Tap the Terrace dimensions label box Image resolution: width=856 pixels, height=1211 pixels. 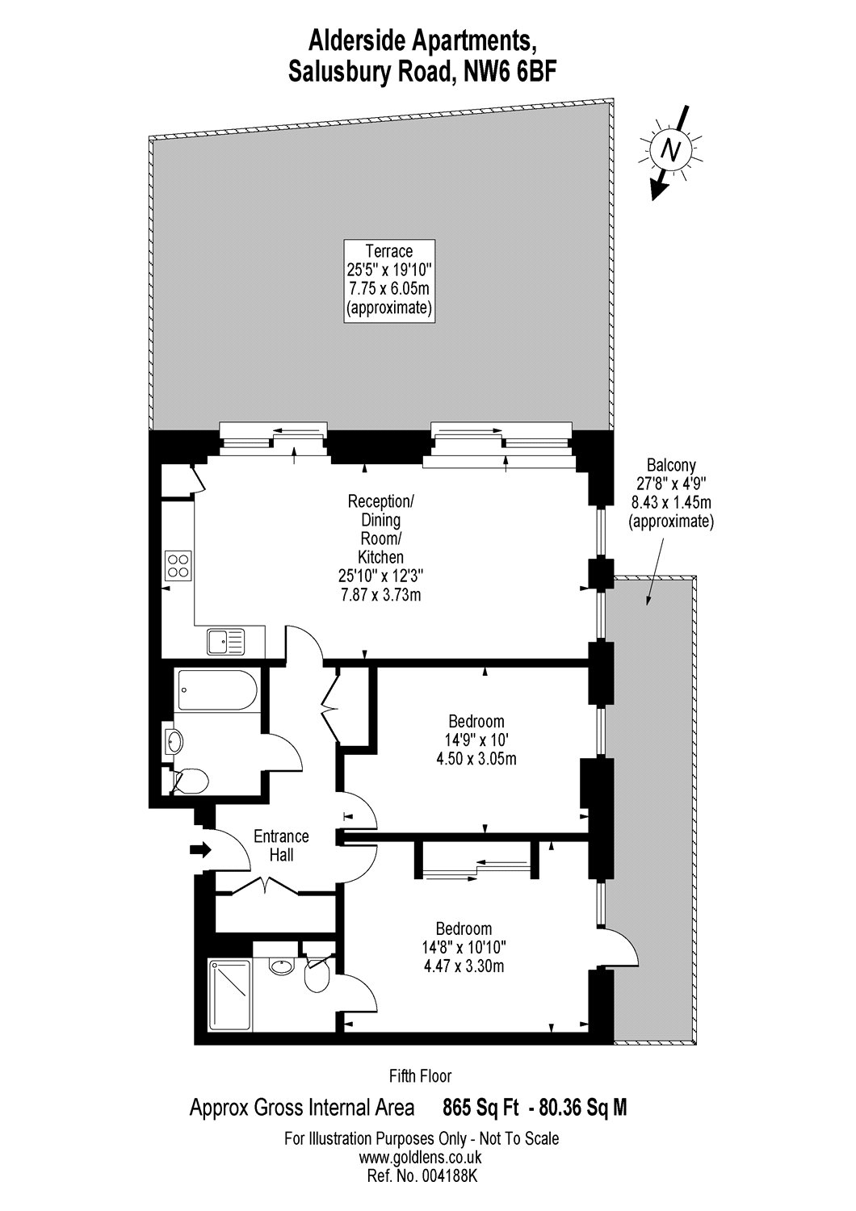(x=389, y=281)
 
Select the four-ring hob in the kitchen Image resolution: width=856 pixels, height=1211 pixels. (x=178, y=565)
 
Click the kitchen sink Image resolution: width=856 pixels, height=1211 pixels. (x=225, y=642)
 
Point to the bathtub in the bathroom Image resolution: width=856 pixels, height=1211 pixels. (x=216, y=689)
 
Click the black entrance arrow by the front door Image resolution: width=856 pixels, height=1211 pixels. (x=199, y=850)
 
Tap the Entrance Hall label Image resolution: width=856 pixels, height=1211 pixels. (x=281, y=845)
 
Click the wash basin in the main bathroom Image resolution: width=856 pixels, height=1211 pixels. (x=175, y=740)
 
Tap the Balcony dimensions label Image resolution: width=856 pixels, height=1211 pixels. (x=671, y=492)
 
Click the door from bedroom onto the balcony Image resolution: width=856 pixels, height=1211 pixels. (x=619, y=949)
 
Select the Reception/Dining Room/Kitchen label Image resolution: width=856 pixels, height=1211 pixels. (x=380, y=547)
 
